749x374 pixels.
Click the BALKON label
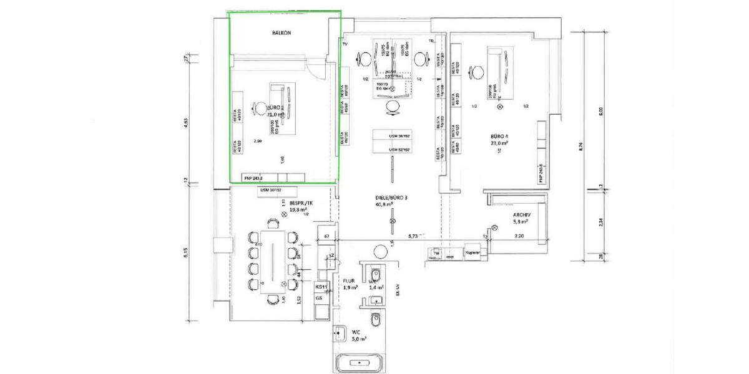coord(281,33)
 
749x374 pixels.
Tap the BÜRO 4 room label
coord(502,135)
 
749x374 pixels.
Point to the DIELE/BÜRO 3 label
coord(392,198)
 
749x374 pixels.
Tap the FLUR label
coord(349,281)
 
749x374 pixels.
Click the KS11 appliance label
coord(321,287)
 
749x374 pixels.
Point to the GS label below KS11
coord(319,299)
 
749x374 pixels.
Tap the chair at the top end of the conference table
coord(273,222)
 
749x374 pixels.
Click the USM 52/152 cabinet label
coord(399,150)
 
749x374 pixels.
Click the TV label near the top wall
coord(344,45)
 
